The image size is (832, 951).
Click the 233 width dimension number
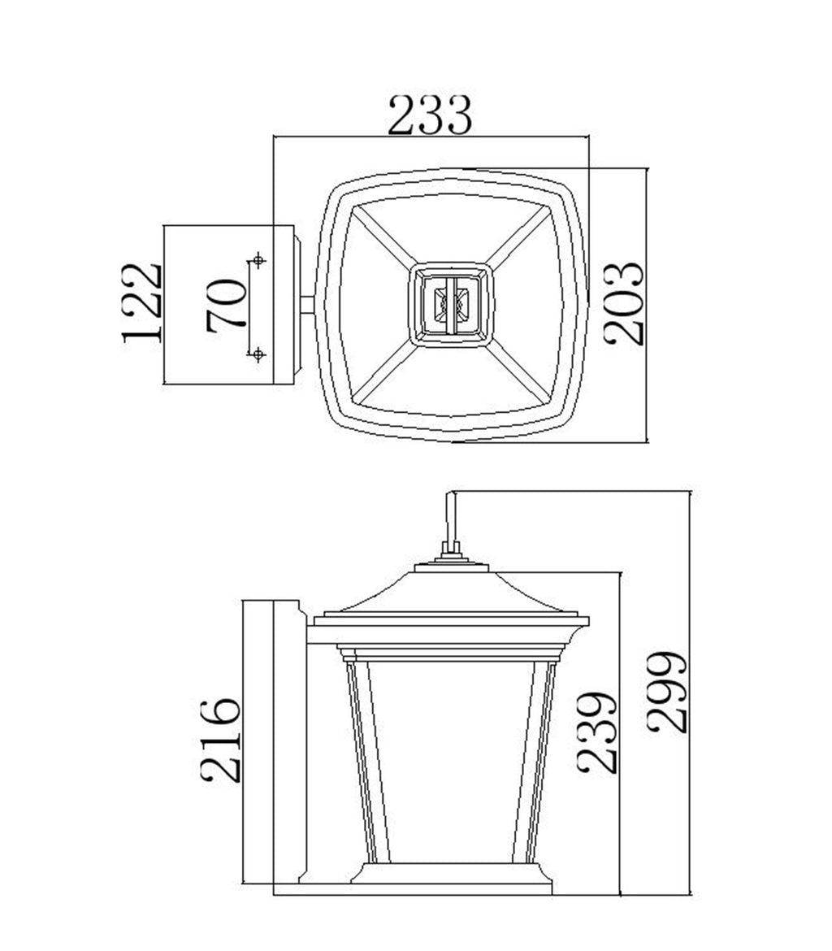coord(430,116)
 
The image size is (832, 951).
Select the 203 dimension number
coord(625,304)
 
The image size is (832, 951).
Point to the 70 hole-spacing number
coord(226,305)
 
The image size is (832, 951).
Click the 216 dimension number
coord(221,740)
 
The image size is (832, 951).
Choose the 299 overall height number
coord(667,692)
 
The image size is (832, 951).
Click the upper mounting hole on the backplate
coord(258,260)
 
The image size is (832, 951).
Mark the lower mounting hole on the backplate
coord(258,354)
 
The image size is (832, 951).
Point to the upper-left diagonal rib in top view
coord(383,235)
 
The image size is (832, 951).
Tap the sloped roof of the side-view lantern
coord(451,592)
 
